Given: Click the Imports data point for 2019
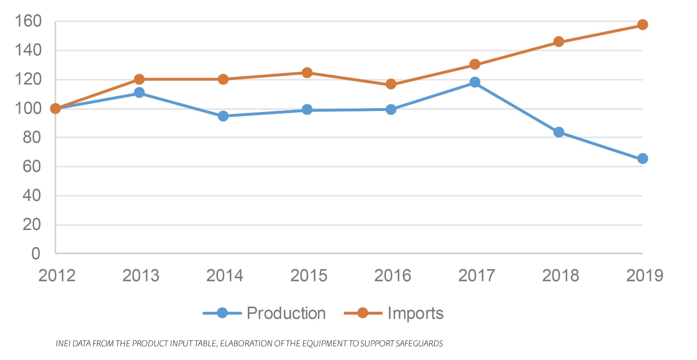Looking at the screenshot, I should [642, 25].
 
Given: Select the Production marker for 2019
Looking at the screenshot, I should [642, 159].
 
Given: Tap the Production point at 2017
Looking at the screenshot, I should [475, 82].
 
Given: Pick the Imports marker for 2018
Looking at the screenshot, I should [559, 42].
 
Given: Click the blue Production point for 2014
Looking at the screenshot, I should [223, 116].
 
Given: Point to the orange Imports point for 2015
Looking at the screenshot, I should [307, 73].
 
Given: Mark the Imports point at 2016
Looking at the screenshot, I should [391, 84].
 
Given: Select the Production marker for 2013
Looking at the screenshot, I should [139, 93].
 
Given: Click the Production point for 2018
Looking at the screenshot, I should [559, 132].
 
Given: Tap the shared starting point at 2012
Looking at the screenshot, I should [55, 108].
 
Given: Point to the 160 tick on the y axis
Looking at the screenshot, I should [28, 21].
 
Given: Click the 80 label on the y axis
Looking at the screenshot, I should [32, 137].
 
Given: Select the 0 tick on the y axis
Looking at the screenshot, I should [36, 254].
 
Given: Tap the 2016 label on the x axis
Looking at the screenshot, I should [393, 275].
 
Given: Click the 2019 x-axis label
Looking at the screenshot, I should [645, 275].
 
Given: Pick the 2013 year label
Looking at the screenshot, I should [141, 275].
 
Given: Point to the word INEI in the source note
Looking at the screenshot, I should [63, 343].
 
